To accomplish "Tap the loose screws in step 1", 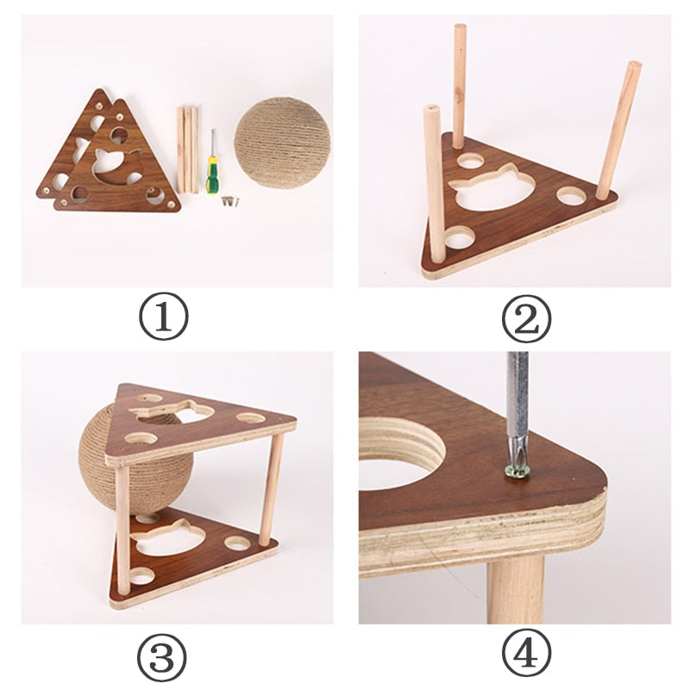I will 228,202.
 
